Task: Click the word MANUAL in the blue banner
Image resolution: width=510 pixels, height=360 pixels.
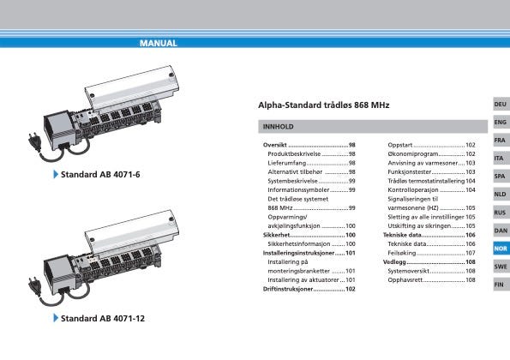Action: (x=159, y=43)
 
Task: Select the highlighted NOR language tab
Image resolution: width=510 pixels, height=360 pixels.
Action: (x=501, y=249)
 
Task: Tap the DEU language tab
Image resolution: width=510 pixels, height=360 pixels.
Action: (x=501, y=104)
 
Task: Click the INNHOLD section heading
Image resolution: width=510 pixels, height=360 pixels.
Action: (x=278, y=127)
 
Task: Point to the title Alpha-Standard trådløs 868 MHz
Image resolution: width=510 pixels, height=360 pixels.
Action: (x=324, y=105)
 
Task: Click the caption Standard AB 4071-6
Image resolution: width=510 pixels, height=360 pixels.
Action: (x=100, y=175)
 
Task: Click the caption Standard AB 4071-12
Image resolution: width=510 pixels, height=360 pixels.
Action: (x=103, y=318)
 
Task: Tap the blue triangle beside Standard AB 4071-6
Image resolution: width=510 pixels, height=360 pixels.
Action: (x=56, y=174)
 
